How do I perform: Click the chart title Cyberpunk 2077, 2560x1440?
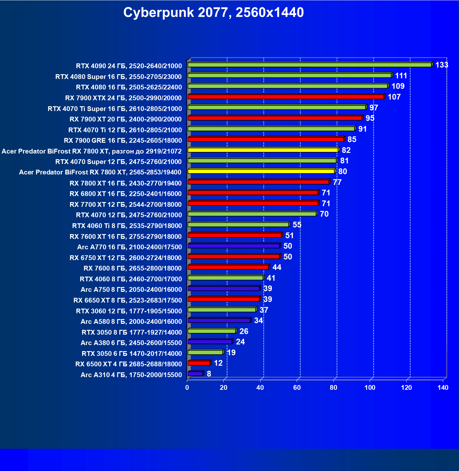coord(213,13)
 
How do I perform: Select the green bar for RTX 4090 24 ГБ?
coord(310,65)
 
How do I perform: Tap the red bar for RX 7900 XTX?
coord(286,97)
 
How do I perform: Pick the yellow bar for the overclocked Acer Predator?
coord(263,150)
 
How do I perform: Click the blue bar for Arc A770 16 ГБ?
coord(234,246)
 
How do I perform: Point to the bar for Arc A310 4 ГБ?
coord(195,374)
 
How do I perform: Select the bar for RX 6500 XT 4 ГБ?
coord(199,363)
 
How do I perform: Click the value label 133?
coord(442,65)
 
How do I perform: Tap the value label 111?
coord(401,76)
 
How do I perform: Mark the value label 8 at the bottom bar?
coord(209,374)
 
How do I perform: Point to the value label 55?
coord(297,225)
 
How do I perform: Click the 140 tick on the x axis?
coord(443,388)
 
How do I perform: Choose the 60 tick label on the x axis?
coord(297,388)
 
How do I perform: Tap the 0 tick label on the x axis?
coord(187,388)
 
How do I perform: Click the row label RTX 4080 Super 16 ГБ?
coord(118,77)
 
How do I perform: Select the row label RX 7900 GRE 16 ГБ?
coord(123,141)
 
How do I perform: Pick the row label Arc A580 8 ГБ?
coord(131,322)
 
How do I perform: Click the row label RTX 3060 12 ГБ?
coord(129,311)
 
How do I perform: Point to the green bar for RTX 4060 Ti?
coord(238,225)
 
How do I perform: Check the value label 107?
coord(394,97)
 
